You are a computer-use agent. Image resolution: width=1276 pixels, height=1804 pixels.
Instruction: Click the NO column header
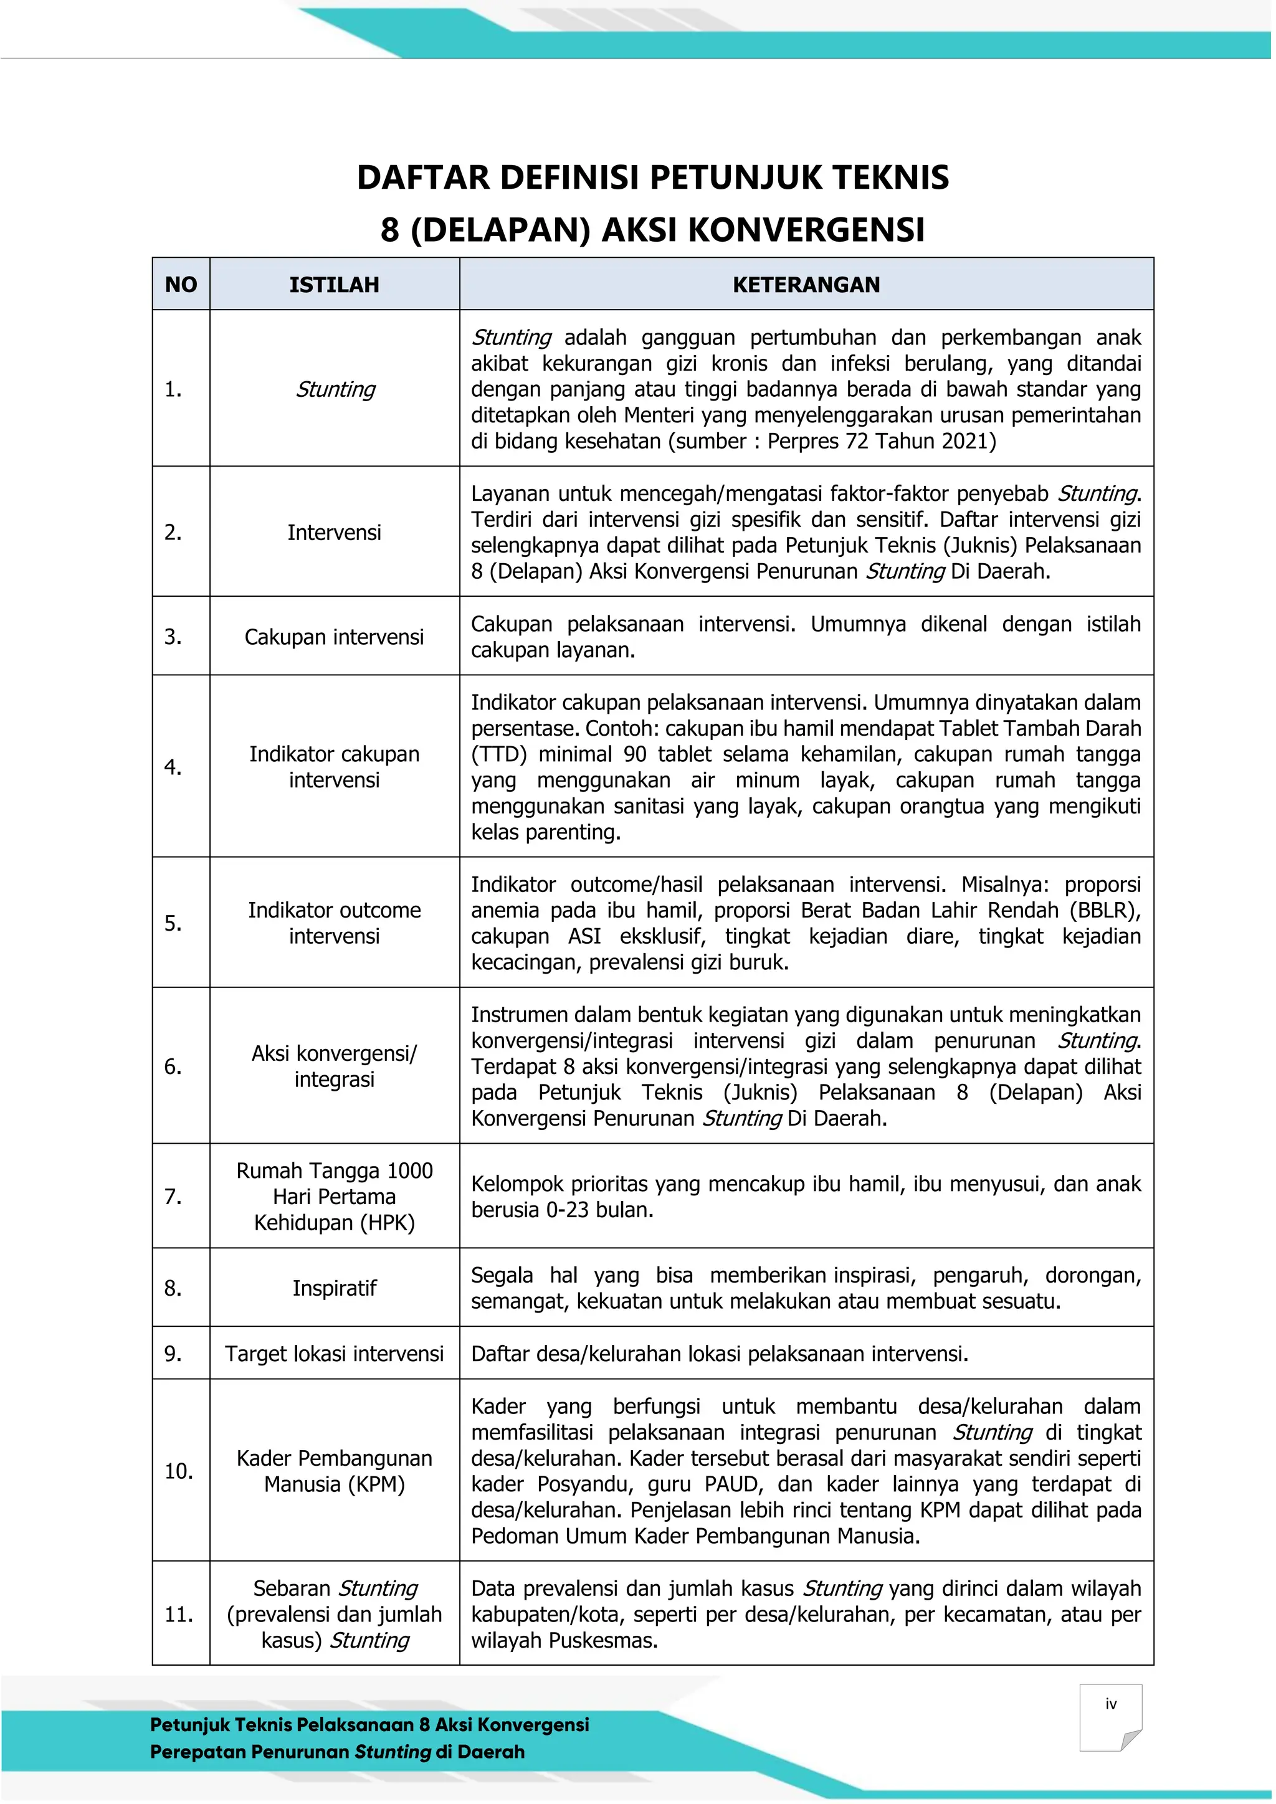(x=181, y=285)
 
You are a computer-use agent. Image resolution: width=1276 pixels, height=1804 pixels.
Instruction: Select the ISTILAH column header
(x=334, y=285)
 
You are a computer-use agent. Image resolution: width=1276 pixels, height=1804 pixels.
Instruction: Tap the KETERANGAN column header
(x=806, y=285)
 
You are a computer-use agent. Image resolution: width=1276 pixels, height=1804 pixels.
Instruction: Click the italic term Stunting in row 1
(x=335, y=389)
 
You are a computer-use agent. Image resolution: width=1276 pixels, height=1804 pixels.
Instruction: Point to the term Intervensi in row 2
(x=334, y=533)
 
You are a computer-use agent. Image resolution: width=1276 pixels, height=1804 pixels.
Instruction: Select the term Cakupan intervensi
(x=334, y=637)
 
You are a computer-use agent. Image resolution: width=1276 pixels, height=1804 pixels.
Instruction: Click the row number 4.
(x=173, y=767)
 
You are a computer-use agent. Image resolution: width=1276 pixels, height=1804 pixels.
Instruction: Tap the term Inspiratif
(x=334, y=1288)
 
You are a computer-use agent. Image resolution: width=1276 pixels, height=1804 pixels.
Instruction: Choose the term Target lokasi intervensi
(x=334, y=1353)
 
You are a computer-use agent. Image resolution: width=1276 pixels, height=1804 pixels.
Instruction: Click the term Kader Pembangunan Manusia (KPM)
(x=334, y=1471)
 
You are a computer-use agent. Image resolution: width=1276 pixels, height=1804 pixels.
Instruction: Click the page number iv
(x=1110, y=1704)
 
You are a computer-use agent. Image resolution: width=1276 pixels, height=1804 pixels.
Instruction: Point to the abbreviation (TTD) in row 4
(x=499, y=754)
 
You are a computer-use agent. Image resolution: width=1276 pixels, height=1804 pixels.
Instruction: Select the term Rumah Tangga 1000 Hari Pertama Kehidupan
(x=334, y=1197)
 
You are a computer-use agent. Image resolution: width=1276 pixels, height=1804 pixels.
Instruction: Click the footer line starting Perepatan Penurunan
(x=337, y=1751)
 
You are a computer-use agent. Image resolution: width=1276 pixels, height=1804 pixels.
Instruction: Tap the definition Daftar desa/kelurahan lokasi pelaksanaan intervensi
(x=719, y=1353)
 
